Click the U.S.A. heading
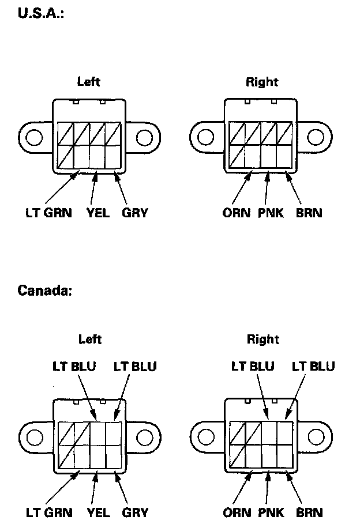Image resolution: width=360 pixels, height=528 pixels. (40, 13)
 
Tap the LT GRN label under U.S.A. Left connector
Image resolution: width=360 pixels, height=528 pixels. (48, 213)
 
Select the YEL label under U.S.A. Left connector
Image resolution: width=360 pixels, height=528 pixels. (97, 213)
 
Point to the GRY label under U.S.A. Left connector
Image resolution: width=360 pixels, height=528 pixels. (135, 213)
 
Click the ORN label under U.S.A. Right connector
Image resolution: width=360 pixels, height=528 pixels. (237, 213)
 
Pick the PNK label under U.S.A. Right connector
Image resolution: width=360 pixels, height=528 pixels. (270, 213)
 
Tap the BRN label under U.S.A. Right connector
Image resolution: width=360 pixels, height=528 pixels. (308, 213)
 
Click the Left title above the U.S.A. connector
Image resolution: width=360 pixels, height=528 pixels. (89, 82)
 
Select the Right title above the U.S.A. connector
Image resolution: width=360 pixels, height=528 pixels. (262, 82)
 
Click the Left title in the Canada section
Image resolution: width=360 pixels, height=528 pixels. (89, 339)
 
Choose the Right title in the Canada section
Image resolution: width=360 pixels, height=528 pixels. (263, 339)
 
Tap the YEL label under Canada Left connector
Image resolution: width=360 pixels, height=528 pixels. (97, 512)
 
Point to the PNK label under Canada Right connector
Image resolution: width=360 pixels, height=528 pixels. (270, 512)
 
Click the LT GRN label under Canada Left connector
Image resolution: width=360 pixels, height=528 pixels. (48, 512)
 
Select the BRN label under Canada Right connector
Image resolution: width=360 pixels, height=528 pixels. (308, 512)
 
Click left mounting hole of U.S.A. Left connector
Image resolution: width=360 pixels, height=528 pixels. (33, 137)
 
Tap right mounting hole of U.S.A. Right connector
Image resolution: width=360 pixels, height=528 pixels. (316, 137)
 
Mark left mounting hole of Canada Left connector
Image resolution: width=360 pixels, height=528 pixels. (33, 436)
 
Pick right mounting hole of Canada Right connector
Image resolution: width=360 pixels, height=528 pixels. (316, 436)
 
